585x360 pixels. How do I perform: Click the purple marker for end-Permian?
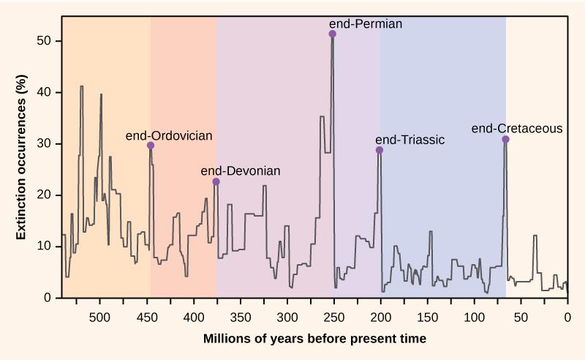[333, 34]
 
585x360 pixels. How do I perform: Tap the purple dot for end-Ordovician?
[151, 146]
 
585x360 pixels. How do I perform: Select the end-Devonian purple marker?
[216, 181]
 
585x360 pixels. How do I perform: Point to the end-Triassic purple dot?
[380, 150]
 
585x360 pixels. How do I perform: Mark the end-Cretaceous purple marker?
[505, 139]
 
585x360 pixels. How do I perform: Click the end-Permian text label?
[366, 23]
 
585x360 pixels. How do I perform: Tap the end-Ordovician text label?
[169, 135]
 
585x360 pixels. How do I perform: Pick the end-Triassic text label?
[409, 140]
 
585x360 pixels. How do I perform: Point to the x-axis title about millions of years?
[314, 339]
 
